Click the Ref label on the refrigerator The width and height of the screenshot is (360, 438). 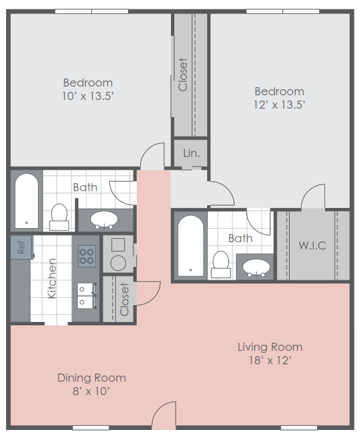(x=21, y=247)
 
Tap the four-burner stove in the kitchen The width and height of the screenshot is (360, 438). (x=87, y=255)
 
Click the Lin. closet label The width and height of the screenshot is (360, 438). (x=191, y=154)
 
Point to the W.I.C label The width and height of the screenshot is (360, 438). (x=312, y=245)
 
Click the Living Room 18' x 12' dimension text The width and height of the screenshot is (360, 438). (x=269, y=360)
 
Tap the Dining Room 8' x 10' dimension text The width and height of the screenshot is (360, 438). (x=91, y=391)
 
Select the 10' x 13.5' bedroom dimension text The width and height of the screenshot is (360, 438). (x=88, y=96)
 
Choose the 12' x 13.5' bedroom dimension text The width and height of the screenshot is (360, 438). (x=279, y=105)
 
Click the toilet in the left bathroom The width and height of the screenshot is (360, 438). (x=59, y=216)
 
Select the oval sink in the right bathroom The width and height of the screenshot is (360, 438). (x=257, y=267)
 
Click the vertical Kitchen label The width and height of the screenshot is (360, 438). (x=52, y=278)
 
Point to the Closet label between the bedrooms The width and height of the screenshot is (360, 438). (x=183, y=74)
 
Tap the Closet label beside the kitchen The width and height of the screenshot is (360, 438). (x=124, y=299)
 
